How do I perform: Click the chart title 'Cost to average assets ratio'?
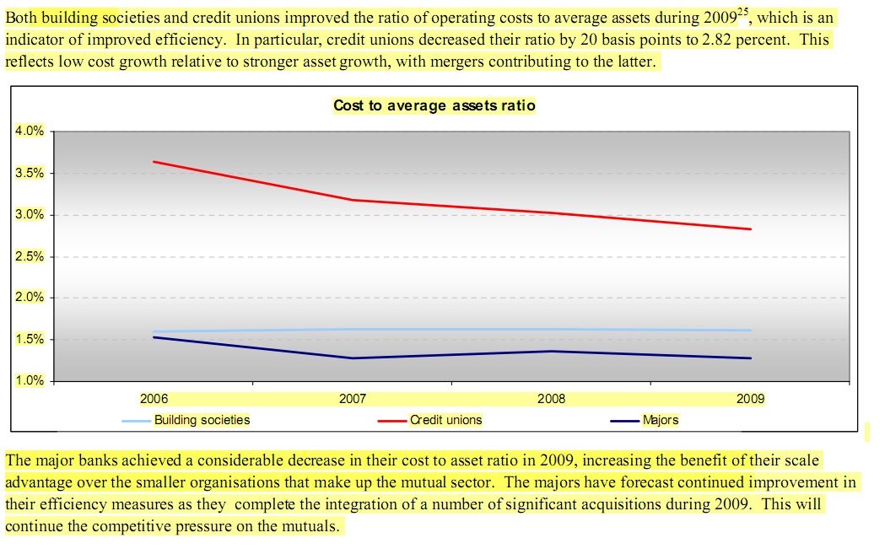click(x=434, y=105)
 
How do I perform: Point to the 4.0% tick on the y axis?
click(x=29, y=131)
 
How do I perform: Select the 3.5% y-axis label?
click(x=29, y=173)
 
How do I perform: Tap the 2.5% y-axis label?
click(x=29, y=256)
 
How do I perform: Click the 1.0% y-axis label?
click(x=29, y=381)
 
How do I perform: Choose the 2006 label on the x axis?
click(x=153, y=399)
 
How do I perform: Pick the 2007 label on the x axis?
click(x=352, y=399)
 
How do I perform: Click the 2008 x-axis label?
click(x=551, y=399)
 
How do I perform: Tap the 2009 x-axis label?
click(x=750, y=399)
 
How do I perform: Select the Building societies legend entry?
click(x=202, y=420)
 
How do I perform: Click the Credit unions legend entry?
click(x=445, y=420)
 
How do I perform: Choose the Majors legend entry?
click(x=660, y=420)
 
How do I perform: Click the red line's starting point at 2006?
click(x=154, y=161)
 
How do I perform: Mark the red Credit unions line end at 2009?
click(x=750, y=229)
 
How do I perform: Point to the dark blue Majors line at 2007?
click(x=353, y=358)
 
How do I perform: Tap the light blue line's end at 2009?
click(x=750, y=330)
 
